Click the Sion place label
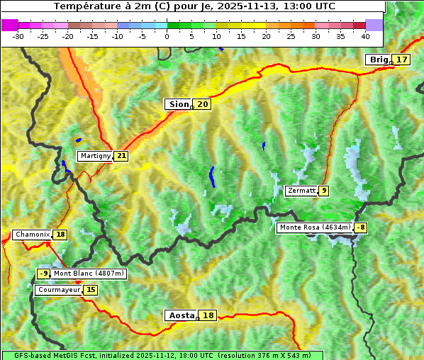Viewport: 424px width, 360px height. [x=178, y=104]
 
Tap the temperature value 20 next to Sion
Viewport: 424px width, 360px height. [x=203, y=104]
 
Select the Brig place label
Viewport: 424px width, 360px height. [x=379, y=60]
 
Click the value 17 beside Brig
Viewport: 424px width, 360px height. [x=402, y=60]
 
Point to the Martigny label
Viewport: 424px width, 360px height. [x=95, y=156]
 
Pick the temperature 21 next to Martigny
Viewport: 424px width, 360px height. [x=121, y=156]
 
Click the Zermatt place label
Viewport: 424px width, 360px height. [x=301, y=191]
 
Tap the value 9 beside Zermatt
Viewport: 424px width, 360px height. [x=324, y=191]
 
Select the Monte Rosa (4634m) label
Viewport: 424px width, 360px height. [x=315, y=227]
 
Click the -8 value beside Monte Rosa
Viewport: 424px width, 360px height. [x=362, y=227]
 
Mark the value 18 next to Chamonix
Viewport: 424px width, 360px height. [x=60, y=235]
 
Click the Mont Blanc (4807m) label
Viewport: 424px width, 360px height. [x=89, y=274]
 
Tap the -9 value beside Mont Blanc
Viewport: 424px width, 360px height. [x=44, y=274]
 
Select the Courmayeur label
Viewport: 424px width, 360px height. [x=58, y=290]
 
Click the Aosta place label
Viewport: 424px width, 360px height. [x=180, y=315]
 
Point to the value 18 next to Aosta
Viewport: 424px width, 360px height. [x=208, y=315]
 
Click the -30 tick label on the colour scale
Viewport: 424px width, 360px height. [x=18, y=36]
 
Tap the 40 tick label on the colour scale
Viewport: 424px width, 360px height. [x=365, y=36]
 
